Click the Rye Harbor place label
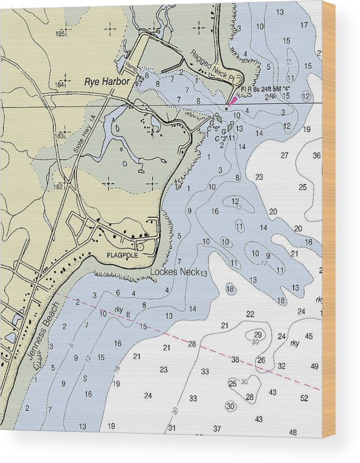pos(107,81)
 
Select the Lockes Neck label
pos(175,272)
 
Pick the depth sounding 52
pos(304,398)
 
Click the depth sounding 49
pos(314,367)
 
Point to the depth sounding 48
pos(293,432)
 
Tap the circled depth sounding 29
pos(258,334)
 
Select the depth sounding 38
pos(235,360)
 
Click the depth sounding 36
pos(316,156)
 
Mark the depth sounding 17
pos(304,25)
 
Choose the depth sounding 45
pos(309,337)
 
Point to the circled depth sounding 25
pos(232,384)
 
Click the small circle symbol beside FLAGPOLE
pos(140,248)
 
